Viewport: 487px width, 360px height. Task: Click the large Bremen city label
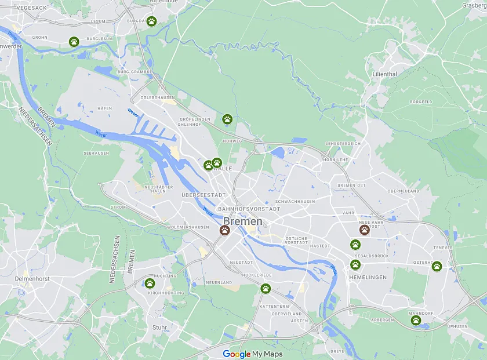(243, 221)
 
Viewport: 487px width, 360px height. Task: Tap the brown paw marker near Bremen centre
(224, 230)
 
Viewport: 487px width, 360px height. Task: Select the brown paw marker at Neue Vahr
(364, 230)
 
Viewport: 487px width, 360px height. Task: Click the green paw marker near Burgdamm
(151, 21)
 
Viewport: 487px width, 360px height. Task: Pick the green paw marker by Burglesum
(74, 41)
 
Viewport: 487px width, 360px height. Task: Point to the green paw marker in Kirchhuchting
(150, 283)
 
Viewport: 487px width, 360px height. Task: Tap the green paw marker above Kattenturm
(266, 288)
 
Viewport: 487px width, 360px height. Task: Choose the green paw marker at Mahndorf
(416, 320)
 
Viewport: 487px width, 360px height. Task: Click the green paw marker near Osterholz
(437, 266)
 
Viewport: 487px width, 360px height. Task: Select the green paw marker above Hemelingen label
(355, 264)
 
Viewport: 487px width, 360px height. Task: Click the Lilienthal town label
(385, 74)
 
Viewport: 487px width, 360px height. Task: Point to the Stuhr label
(159, 328)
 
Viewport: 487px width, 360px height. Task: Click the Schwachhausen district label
(295, 201)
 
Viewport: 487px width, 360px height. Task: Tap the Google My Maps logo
(253, 354)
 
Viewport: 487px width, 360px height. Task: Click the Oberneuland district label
(403, 191)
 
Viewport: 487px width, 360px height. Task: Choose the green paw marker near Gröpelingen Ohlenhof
(227, 119)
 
